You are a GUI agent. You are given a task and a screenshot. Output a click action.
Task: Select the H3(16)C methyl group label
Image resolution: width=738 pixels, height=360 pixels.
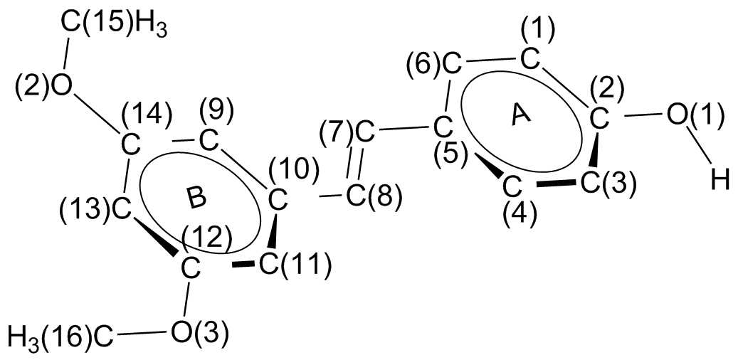(x=60, y=333)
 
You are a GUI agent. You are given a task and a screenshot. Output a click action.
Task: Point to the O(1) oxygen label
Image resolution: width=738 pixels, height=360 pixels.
(x=695, y=115)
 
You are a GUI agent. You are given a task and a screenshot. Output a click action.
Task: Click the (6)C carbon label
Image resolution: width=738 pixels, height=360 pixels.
(x=433, y=65)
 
